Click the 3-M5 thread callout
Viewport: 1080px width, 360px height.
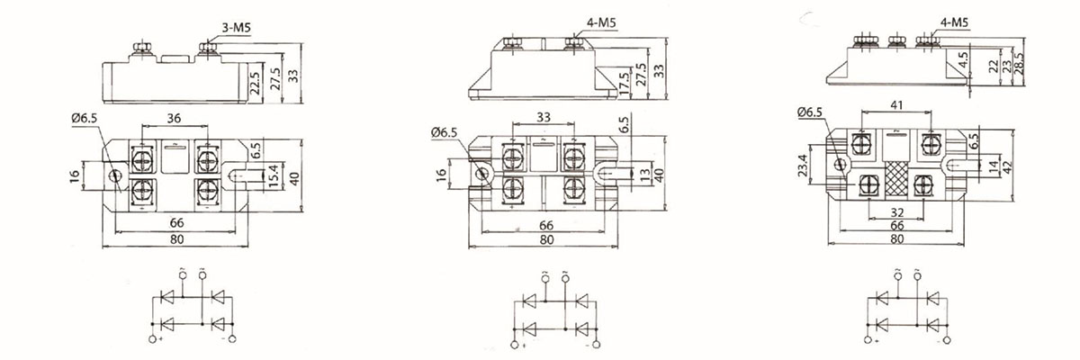tap(236, 29)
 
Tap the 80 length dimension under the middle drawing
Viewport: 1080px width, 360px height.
tap(545, 240)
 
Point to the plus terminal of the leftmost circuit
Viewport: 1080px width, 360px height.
tap(153, 339)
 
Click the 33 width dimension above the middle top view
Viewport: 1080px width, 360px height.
tap(543, 117)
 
